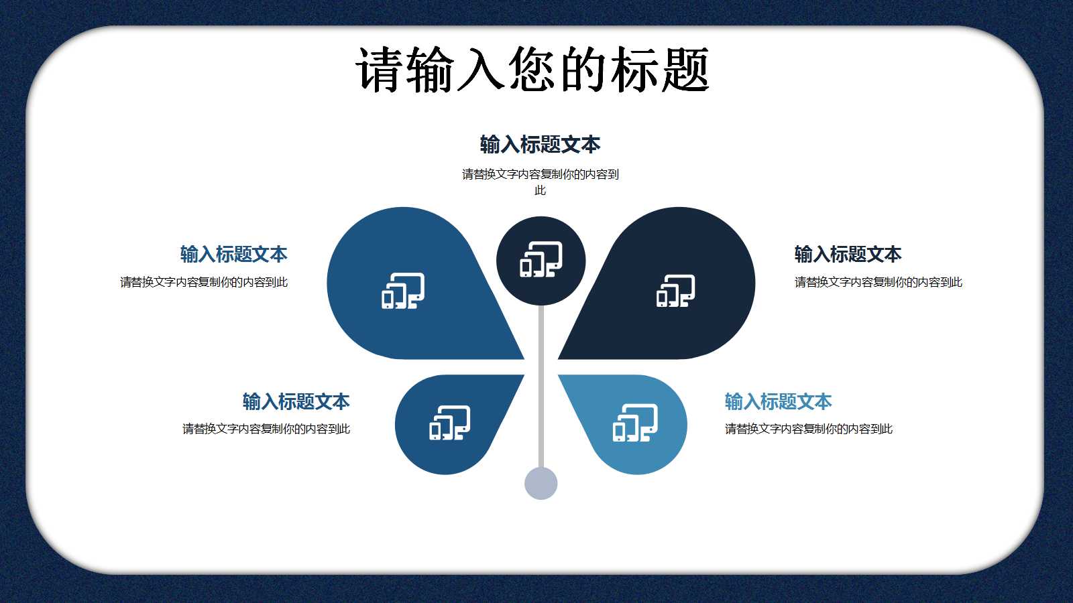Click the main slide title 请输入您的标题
[x=532, y=70]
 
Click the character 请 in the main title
[x=380, y=70]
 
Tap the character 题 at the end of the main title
[x=685, y=70]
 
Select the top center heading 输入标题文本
[x=540, y=144]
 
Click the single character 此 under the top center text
[x=540, y=190]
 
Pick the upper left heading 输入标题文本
[x=233, y=254]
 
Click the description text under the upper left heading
[x=204, y=282]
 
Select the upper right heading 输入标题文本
[x=848, y=254]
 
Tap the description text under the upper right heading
[x=878, y=282]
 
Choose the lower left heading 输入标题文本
[x=296, y=401]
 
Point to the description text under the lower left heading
[x=266, y=429]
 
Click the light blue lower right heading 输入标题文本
[x=778, y=401]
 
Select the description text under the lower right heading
[x=808, y=429]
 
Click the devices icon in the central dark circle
[x=541, y=260]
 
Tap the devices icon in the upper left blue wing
[x=403, y=291]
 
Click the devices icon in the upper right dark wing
[x=675, y=291]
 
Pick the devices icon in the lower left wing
[x=449, y=423]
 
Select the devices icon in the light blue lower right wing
[x=634, y=423]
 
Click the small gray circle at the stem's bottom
[x=541, y=483]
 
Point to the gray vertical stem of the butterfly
[x=541, y=389]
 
